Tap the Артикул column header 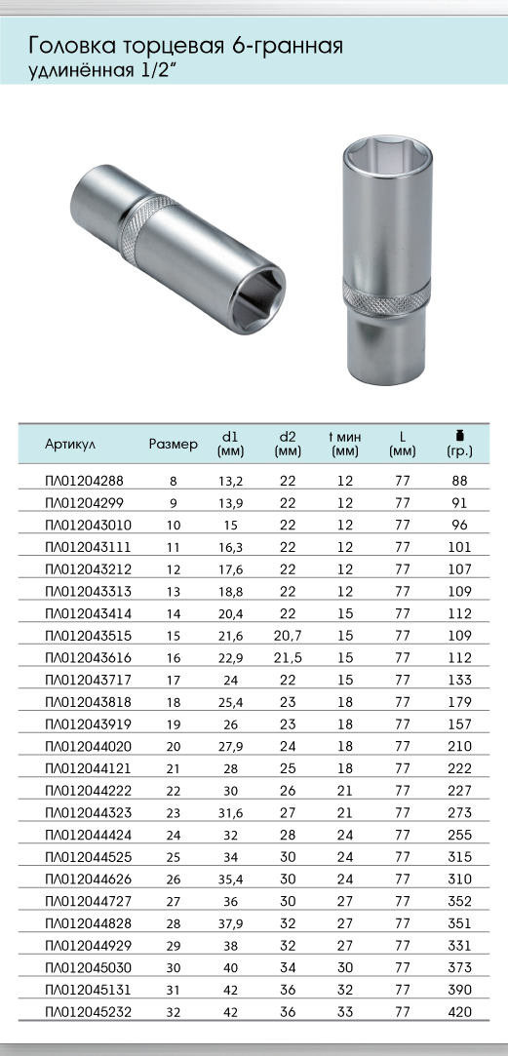point(70,445)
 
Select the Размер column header point(174,445)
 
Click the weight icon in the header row point(460,434)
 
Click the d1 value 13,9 point(230,503)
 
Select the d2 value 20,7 point(288,636)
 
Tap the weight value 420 point(459,1011)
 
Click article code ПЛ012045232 point(89,1011)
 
